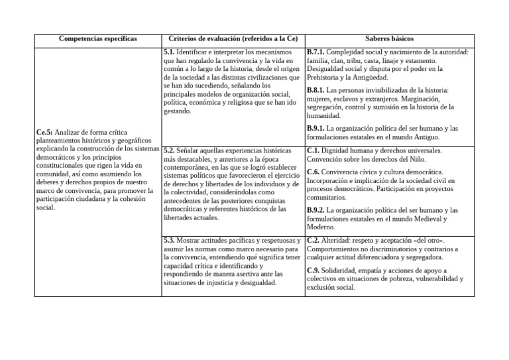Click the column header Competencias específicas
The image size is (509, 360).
coord(97,38)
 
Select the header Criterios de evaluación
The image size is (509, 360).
coord(233,38)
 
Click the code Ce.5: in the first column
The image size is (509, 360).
coord(44,133)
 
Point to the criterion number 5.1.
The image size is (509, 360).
coord(169,52)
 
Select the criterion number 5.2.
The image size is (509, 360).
coord(169,150)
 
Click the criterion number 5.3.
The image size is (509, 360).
coord(169,240)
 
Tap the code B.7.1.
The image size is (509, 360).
coord(316,52)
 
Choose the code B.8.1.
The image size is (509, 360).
coord(316,90)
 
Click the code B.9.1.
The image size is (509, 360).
coord(316,128)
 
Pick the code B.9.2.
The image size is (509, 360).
coord(316,210)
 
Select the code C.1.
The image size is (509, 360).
coord(313,150)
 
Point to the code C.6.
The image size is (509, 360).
coord(313,172)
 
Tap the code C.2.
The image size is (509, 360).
coord(313,240)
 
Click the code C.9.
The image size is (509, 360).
coord(313,270)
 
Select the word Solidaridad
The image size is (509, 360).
coord(343,270)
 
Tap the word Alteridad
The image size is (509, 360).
coord(339,240)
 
